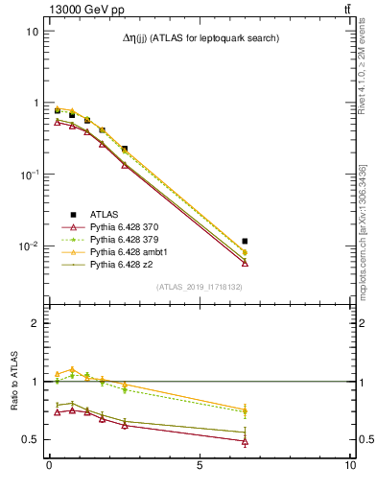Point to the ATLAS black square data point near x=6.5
coord(245,242)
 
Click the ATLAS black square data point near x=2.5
coord(125,150)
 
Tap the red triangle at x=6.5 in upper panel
coord(245,263)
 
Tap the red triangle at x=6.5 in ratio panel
coord(245,441)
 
